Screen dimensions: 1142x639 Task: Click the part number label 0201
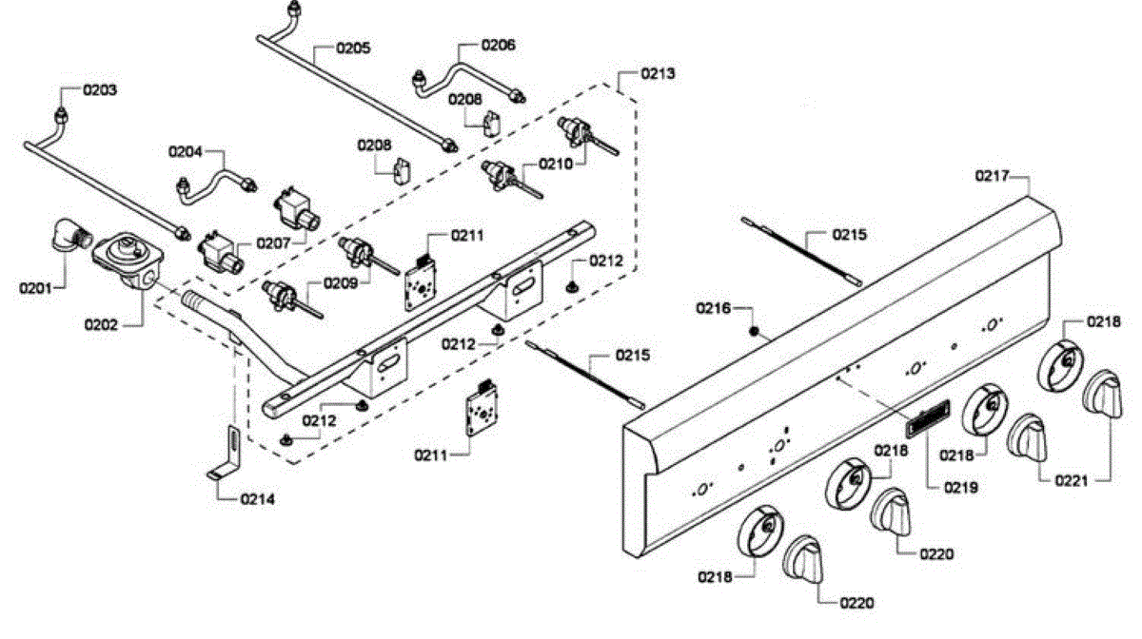point(36,288)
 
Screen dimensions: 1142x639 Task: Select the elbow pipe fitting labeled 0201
point(70,235)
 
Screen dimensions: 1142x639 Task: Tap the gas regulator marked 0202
point(128,261)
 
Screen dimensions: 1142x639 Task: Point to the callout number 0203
point(100,90)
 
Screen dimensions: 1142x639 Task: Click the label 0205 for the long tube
point(353,48)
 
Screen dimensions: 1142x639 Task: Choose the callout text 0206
point(498,45)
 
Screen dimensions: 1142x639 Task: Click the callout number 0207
point(273,243)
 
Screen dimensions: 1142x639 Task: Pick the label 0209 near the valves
point(341,282)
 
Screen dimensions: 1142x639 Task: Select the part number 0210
point(556,165)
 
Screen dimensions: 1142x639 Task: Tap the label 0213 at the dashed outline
point(658,73)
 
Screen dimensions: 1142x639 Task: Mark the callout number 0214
point(258,499)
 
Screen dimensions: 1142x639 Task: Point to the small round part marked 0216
point(754,332)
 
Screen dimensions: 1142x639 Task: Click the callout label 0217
point(992,176)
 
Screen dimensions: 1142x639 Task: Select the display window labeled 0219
point(928,418)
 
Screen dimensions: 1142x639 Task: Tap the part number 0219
point(961,488)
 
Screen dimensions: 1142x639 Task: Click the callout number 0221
point(1072,480)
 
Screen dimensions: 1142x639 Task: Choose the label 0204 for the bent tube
point(185,152)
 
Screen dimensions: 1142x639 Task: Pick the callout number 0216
point(713,308)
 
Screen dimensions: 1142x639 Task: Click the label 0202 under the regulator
point(101,324)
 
